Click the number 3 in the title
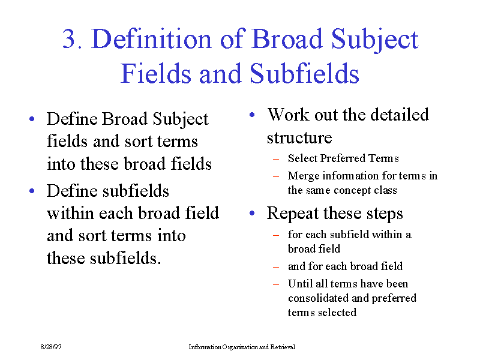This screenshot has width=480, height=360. point(69,38)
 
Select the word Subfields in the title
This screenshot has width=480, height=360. point(305,73)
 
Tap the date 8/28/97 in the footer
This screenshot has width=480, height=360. point(51,347)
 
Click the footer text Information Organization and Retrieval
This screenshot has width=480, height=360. point(242,347)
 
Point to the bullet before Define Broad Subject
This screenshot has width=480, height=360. point(32,119)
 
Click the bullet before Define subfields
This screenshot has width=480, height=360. point(32,191)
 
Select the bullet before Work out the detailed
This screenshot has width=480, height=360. point(252,115)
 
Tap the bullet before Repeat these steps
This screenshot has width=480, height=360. point(252,213)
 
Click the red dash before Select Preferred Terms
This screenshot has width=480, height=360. point(276,159)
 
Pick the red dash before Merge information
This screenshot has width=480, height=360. point(276,176)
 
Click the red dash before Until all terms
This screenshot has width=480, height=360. point(276,284)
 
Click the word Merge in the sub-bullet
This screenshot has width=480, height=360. point(304,176)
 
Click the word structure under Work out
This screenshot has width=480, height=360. point(299,137)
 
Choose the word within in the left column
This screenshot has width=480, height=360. point(70,213)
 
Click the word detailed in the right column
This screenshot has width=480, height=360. point(400,115)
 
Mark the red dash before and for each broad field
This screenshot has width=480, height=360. point(276,267)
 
